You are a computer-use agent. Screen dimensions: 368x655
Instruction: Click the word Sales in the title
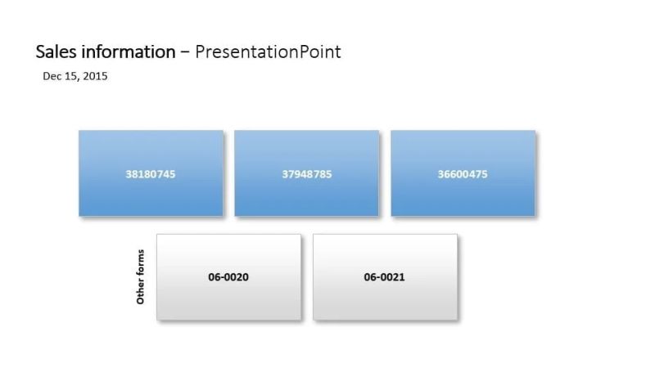click(56, 52)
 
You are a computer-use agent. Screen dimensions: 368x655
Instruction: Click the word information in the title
click(127, 52)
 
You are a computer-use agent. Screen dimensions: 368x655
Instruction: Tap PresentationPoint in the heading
click(268, 52)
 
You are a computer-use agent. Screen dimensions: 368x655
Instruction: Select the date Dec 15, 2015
click(75, 77)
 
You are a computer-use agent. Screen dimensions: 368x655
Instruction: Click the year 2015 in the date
click(95, 77)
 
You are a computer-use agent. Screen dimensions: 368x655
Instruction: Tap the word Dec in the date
click(52, 77)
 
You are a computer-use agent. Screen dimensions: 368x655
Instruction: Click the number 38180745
click(151, 174)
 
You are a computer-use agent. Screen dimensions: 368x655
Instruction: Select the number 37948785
click(307, 174)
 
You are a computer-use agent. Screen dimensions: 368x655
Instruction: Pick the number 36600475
click(463, 174)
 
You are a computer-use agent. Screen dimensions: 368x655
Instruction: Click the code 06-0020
click(228, 277)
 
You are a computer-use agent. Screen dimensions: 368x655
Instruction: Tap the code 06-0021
click(385, 277)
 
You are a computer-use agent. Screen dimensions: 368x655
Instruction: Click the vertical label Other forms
click(140, 277)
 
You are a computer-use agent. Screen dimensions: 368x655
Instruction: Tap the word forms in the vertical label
click(140, 265)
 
